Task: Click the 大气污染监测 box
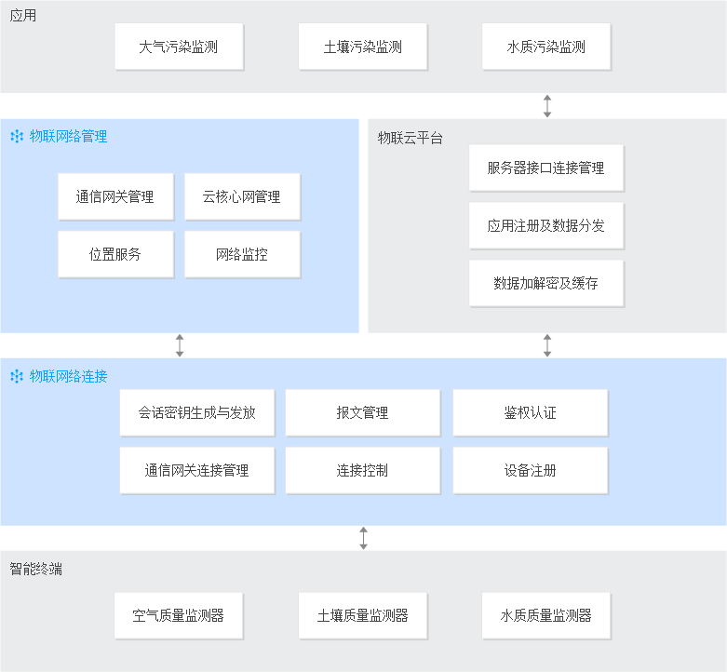click(x=179, y=47)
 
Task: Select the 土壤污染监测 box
click(x=363, y=47)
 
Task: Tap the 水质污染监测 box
click(x=546, y=47)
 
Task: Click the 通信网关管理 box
click(x=116, y=196)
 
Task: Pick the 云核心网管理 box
click(x=242, y=196)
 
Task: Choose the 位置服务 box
click(x=116, y=254)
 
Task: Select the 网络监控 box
click(x=242, y=254)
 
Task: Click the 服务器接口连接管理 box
click(x=546, y=168)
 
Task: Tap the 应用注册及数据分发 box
click(x=546, y=225)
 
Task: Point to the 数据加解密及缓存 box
click(x=546, y=283)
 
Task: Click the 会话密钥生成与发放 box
click(x=197, y=412)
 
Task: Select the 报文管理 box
click(x=363, y=412)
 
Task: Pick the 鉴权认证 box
click(x=531, y=412)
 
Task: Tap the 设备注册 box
click(x=531, y=470)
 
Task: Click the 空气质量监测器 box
click(x=179, y=615)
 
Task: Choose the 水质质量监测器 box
click(x=546, y=615)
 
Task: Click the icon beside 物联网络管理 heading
click(x=17, y=136)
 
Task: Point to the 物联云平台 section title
click(x=410, y=138)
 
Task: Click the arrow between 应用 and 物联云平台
click(x=547, y=106)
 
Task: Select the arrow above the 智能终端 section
click(x=363, y=538)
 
